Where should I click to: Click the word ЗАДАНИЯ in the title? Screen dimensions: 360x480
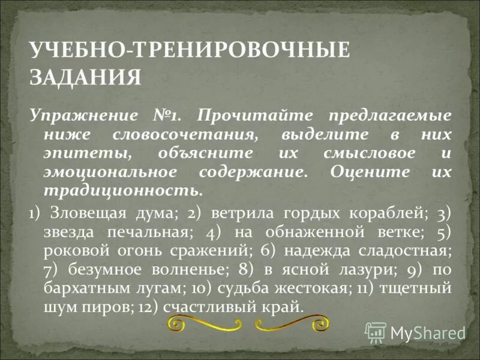click(x=86, y=77)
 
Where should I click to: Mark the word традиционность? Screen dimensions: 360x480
click(x=122, y=191)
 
